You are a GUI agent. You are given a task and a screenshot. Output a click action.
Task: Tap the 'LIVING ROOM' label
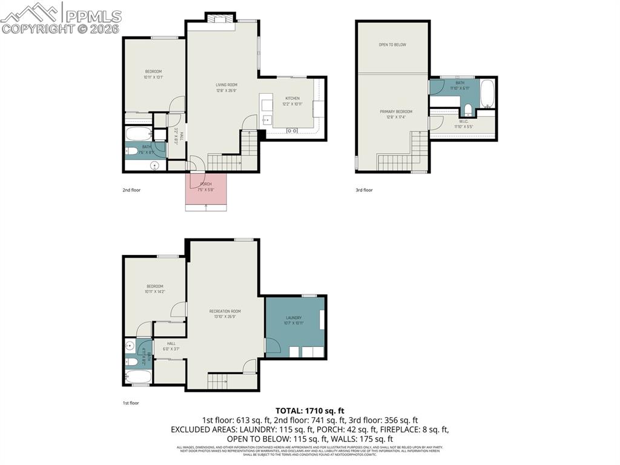pos(226,85)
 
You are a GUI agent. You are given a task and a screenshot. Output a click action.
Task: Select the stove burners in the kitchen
pos(292,130)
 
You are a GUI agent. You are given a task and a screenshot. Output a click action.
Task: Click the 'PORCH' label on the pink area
pos(206,183)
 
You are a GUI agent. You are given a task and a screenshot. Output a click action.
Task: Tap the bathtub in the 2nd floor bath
pos(138,134)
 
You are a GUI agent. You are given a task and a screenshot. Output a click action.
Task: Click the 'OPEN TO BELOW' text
pos(392,45)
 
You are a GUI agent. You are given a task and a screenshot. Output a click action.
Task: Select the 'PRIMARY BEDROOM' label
pos(396,111)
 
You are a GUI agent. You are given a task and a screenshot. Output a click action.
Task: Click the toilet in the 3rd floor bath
pos(467,110)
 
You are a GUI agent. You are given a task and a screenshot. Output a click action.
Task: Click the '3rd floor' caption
pos(364,190)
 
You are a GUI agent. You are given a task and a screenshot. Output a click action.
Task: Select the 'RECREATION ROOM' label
pos(225,311)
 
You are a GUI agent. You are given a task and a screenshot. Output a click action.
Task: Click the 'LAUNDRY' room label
pos(294,317)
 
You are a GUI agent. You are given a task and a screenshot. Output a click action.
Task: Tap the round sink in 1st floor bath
pos(130,347)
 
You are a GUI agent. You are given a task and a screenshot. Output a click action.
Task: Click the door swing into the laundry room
pos(272,346)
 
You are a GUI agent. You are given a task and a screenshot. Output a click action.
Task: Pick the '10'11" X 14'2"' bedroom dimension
pos(154,292)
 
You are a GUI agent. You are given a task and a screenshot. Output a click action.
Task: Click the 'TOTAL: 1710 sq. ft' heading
pos(309,410)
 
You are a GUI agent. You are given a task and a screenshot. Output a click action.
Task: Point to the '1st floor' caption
pos(131,402)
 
